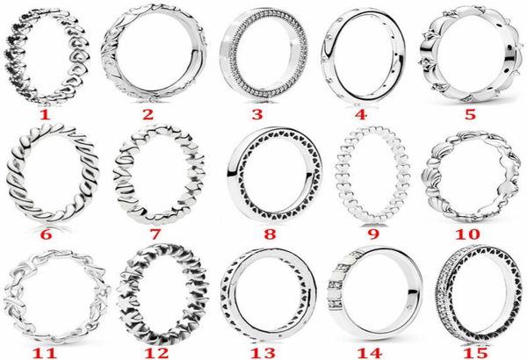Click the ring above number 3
256,54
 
